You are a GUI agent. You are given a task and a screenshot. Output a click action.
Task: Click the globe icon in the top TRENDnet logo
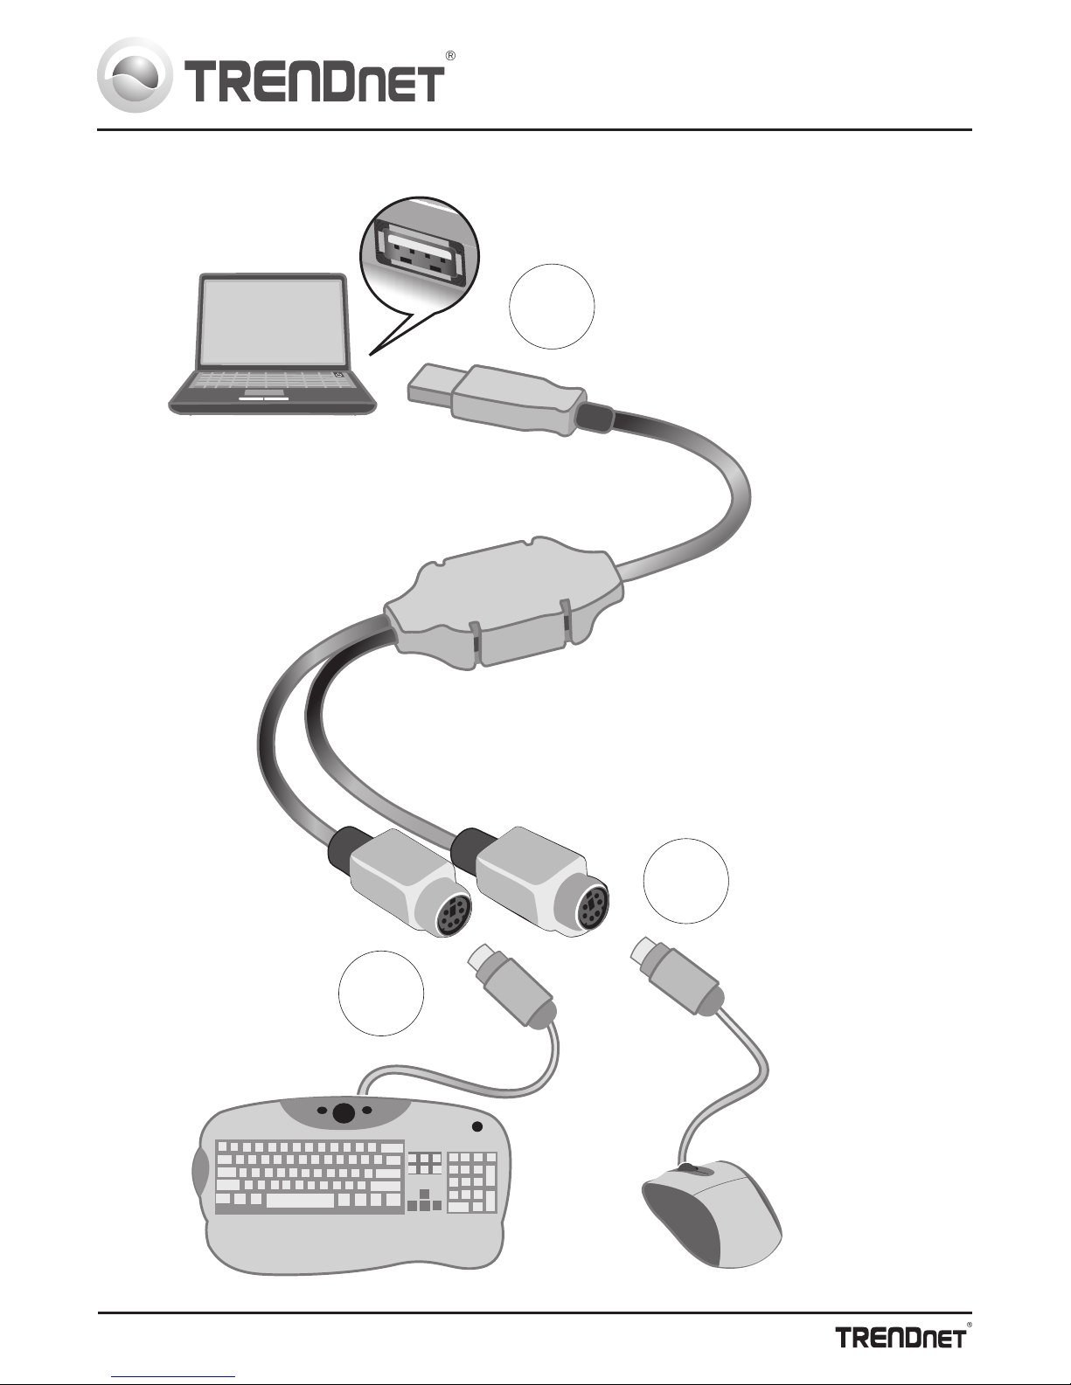click(x=135, y=75)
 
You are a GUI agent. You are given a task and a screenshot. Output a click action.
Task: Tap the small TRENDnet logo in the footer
click(x=901, y=1337)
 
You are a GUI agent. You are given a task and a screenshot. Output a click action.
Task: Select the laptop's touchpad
click(x=264, y=398)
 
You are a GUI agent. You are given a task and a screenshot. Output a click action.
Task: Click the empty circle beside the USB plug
click(x=552, y=307)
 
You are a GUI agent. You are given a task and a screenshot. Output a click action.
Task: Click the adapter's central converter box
click(x=504, y=602)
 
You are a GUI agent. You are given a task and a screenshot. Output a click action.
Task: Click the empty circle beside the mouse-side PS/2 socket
click(x=686, y=881)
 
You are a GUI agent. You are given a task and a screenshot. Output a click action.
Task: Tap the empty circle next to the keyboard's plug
click(x=381, y=993)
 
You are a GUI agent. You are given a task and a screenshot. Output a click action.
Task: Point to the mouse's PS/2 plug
click(x=677, y=982)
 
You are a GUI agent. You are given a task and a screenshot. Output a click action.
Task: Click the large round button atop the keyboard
click(x=344, y=1112)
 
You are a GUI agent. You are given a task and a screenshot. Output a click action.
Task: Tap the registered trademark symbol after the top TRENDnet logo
click(x=450, y=56)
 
